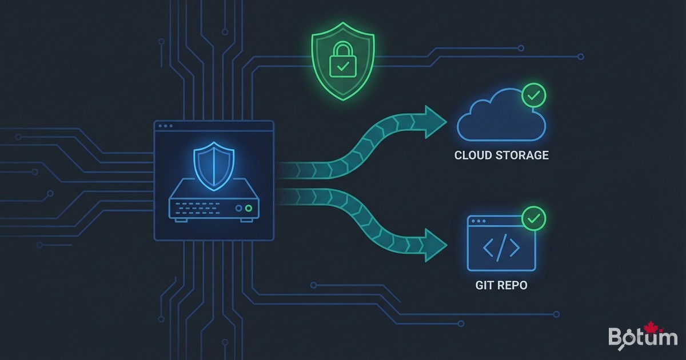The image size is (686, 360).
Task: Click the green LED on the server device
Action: [248, 209]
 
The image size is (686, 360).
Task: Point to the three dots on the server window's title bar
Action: [166, 126]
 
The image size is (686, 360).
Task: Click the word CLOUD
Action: [473, 155]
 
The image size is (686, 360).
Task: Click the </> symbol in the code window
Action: [501, 247]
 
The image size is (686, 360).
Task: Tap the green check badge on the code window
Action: [534, 218]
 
